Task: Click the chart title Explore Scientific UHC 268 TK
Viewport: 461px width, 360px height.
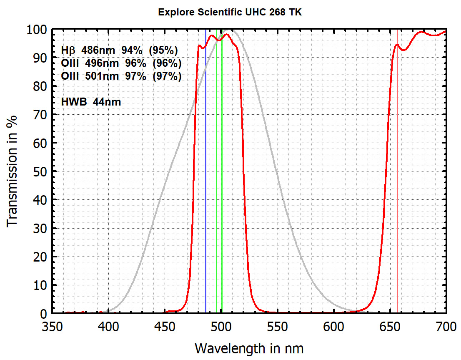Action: point(230,12)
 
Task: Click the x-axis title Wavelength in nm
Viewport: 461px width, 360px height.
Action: point(249,347)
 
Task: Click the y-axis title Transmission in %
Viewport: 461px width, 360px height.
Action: point(13,171)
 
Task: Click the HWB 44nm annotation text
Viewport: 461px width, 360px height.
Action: point(91,101)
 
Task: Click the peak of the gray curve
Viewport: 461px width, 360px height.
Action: point(231,30)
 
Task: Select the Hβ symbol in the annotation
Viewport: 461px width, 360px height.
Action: point(69,50)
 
